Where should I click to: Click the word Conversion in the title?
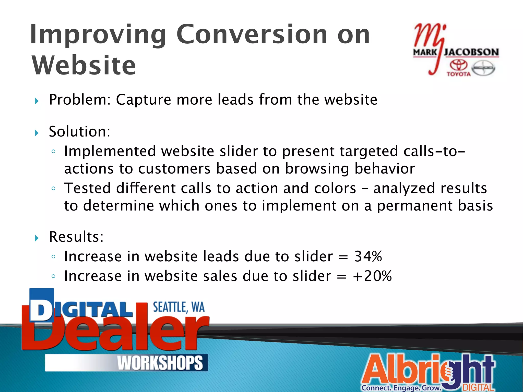click(252, 34)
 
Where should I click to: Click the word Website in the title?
click(84, 66)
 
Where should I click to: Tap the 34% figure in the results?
click(368, 256)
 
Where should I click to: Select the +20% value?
click(372, 276)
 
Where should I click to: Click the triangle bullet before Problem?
click(37, 101)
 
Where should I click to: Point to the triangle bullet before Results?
click(37, 238)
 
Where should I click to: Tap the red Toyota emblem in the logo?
click(458, 65)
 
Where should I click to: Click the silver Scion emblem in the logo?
click(483, 68)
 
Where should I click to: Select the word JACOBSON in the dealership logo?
click(471, 52)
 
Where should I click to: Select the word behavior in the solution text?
click(385, 169)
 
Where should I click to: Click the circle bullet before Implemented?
click(53, 151)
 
